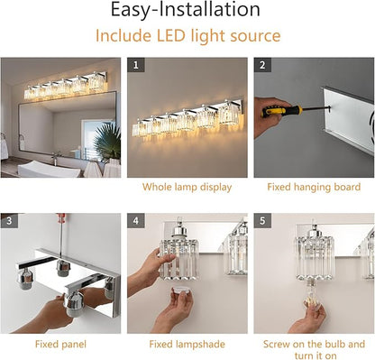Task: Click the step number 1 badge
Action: click(x=136, y=65)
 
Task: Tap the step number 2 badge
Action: click(x=262, y=65)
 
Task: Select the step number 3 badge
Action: click(x=9, y=221)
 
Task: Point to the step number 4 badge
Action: click(x=136, y=221)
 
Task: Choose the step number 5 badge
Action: click(x=262, y=221)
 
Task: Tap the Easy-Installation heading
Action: click(x=186, y=10)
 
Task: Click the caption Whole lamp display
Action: click(x=187, y=187)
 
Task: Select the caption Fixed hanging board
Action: click(x=314, y=187)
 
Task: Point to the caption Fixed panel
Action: click(x=60, y=344)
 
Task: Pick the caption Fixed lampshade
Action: click(x=187, y=344)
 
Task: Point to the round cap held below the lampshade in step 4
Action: click(x=181, y=292)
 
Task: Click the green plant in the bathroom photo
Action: click(x=107, y=141)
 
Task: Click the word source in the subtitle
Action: click(x=255, y=36)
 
